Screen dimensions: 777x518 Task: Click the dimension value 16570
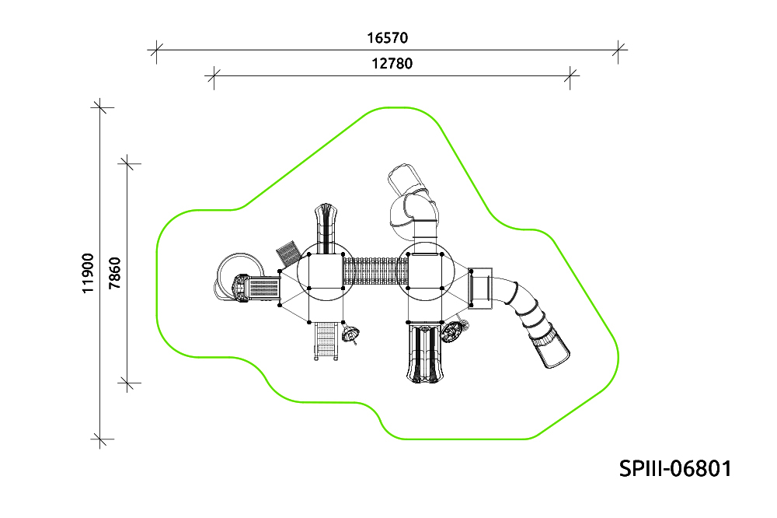pyautogui.click(x=388, y=37)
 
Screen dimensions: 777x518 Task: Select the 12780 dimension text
pyautogui.click(x=392, y=64)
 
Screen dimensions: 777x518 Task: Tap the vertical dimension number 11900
pyautogui.click(x=88, y=274)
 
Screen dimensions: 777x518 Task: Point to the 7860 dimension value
pyautogui.click(x=114, y=274)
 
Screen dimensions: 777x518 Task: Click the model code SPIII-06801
pyautogui.click(x=675, y=468)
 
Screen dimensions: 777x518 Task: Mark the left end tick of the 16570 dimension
pyautogui.click(x=157, y=50)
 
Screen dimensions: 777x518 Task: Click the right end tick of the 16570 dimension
pyautogui.click(x=618, y=50)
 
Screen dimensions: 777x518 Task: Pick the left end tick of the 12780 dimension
pyautogui.click(x=214, y=76)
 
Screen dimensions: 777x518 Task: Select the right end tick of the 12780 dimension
pyautogui.click(x=570, y=76)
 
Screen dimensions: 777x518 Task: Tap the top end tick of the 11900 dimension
pyautogui.click(x=100, y=107)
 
